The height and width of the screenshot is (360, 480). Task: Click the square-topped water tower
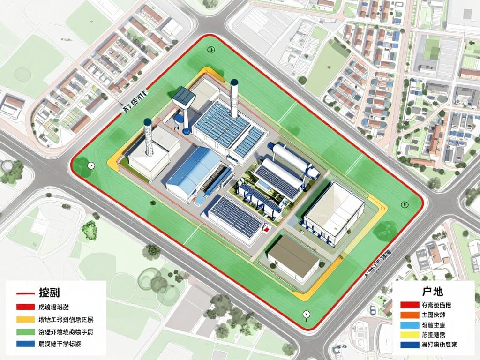[x=184, y=97]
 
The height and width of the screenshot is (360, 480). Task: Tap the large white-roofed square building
[x=335, y=206]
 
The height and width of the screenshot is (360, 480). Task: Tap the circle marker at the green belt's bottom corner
[x=306, y=314]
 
